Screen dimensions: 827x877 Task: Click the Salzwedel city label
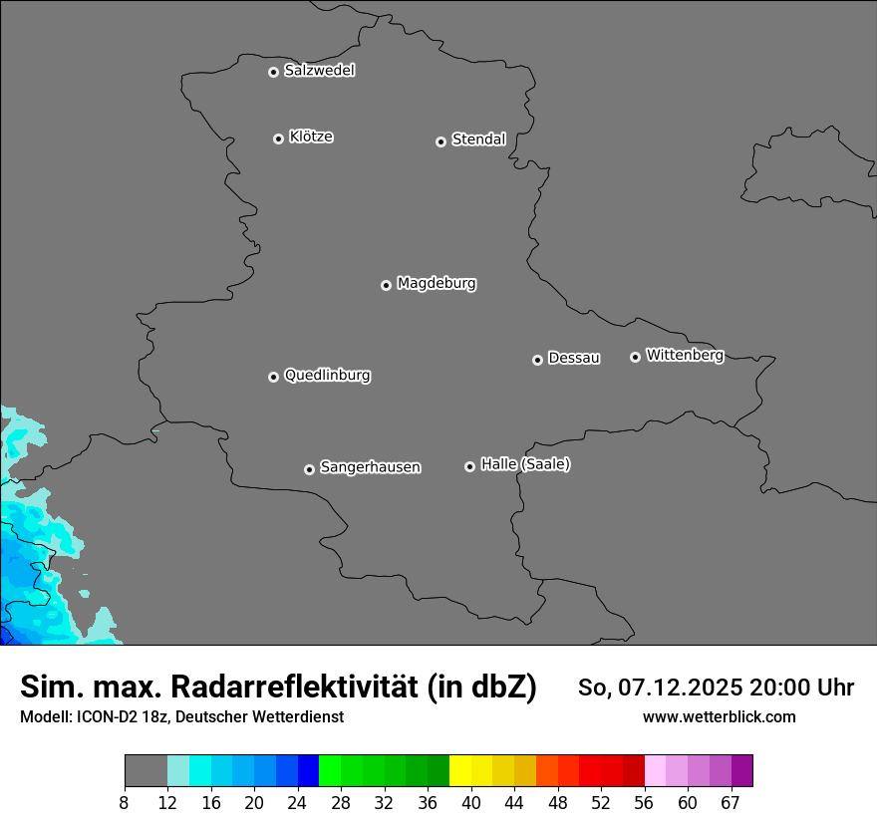(x=319, y=71)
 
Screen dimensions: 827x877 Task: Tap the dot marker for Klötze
(x=278, y=138)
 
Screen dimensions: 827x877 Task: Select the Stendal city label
(x=478, y=139)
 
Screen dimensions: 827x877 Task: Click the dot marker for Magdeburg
(x=386, y=285)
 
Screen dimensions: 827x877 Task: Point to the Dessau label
(x=574, y=358)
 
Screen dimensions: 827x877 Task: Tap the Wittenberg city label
(x=685, y=355)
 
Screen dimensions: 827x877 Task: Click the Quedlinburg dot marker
(x=273, y=377)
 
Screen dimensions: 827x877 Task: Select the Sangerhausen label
(x=370, y=466)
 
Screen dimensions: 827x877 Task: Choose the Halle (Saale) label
(x=525, y=464)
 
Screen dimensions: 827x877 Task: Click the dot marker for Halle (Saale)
(x=469, y=466)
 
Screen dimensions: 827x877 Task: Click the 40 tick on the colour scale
(x=471, y=802)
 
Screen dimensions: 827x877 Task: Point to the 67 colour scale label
(x=731, y=802)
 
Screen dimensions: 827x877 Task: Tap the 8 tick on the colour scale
(x=125, y=802)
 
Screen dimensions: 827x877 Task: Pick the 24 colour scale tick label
(x=298, y=802)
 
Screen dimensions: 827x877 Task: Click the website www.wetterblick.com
(x=719, y=717)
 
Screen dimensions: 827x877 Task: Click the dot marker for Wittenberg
(x=635, y=357)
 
